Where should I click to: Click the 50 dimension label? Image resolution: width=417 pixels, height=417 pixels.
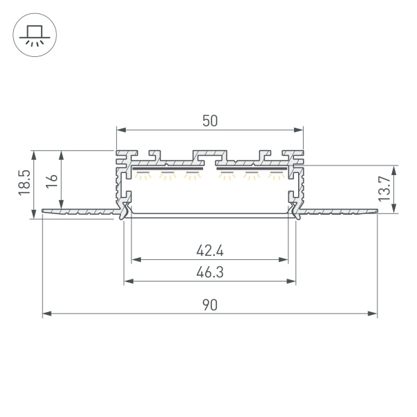[x=210, y=121]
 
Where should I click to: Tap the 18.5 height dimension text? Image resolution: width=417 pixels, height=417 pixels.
[x=24, y=183]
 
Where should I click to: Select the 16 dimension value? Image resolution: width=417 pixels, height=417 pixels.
[x=51, y=181]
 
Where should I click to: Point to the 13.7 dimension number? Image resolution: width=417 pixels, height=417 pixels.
[x=384, y=188]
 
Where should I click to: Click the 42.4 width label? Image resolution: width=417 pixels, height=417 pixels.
[x=210, y=250]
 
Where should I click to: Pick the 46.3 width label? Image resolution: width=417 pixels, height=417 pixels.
[x=210, y=272]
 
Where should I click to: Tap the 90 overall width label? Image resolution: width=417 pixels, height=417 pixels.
[x=210, y=305]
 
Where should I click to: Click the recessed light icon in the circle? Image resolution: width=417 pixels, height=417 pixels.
[x=35, y=35]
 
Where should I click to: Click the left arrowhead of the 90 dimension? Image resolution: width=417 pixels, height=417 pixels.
[x=47, y=313]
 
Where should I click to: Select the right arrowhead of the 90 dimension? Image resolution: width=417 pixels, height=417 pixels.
[x=373, y=313]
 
